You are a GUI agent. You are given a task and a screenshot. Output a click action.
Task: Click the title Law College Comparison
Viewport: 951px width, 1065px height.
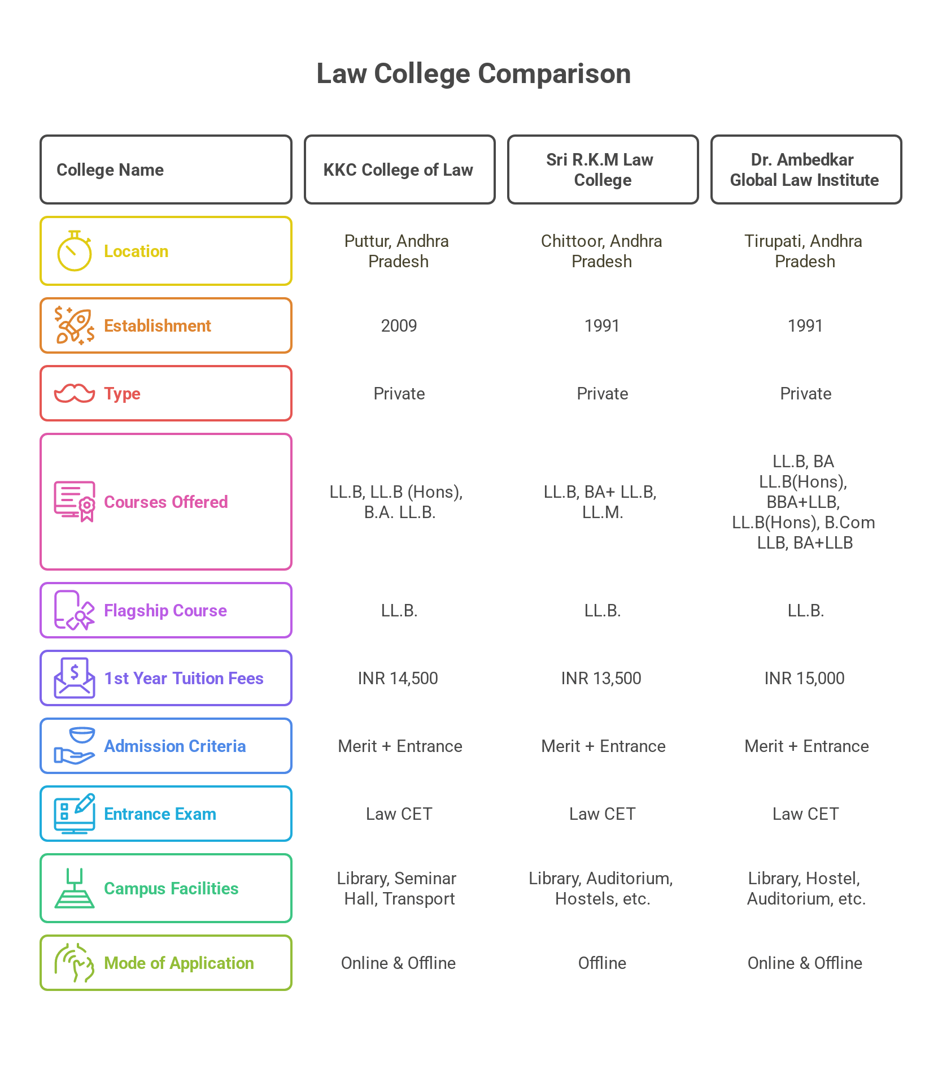coord(473,74)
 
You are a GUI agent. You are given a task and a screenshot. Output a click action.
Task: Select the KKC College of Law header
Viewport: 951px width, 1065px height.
coord(399,169)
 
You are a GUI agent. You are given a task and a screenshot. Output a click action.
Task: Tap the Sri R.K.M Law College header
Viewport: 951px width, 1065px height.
coord(602,169)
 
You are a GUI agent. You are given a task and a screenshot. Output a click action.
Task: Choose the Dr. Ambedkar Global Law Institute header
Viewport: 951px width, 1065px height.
coord(805,169)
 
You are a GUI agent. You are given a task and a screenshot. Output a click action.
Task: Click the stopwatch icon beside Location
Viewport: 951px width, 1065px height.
coord(74,251)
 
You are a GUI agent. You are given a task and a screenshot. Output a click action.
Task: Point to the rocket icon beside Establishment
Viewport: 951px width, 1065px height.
coord(74,325)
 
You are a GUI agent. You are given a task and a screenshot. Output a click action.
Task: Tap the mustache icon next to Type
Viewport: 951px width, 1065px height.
coord(74,393)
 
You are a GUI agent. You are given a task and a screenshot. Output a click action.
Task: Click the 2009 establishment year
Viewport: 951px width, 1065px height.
coord(399,326)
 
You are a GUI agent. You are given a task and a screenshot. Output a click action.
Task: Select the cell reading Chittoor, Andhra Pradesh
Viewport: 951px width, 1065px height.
coord(601,251)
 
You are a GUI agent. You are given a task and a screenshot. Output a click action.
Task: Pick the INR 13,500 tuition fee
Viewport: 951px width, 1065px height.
coord(601,678)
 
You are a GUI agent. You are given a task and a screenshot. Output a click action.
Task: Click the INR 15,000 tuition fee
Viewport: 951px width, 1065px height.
coord(805,678)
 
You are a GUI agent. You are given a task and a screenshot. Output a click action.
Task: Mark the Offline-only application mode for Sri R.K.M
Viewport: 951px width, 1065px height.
coord(602,963)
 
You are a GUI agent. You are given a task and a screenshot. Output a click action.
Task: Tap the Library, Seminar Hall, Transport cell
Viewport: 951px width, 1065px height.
coord(399,888)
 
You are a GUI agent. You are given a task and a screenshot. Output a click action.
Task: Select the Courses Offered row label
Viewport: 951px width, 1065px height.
coord(166,502)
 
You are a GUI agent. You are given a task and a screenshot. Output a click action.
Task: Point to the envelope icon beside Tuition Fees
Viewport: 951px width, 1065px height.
coord(74,678)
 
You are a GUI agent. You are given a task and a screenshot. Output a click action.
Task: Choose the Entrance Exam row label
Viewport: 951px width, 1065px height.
coord(160,814)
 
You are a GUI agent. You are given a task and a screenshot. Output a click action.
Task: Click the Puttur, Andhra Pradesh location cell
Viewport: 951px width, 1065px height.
coord(398,251)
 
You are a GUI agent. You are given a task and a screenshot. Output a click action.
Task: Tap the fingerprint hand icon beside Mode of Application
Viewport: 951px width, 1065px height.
coord(74,963)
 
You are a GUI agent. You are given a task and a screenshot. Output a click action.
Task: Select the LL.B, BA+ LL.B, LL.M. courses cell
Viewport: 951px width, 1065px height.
coord(601,502)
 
